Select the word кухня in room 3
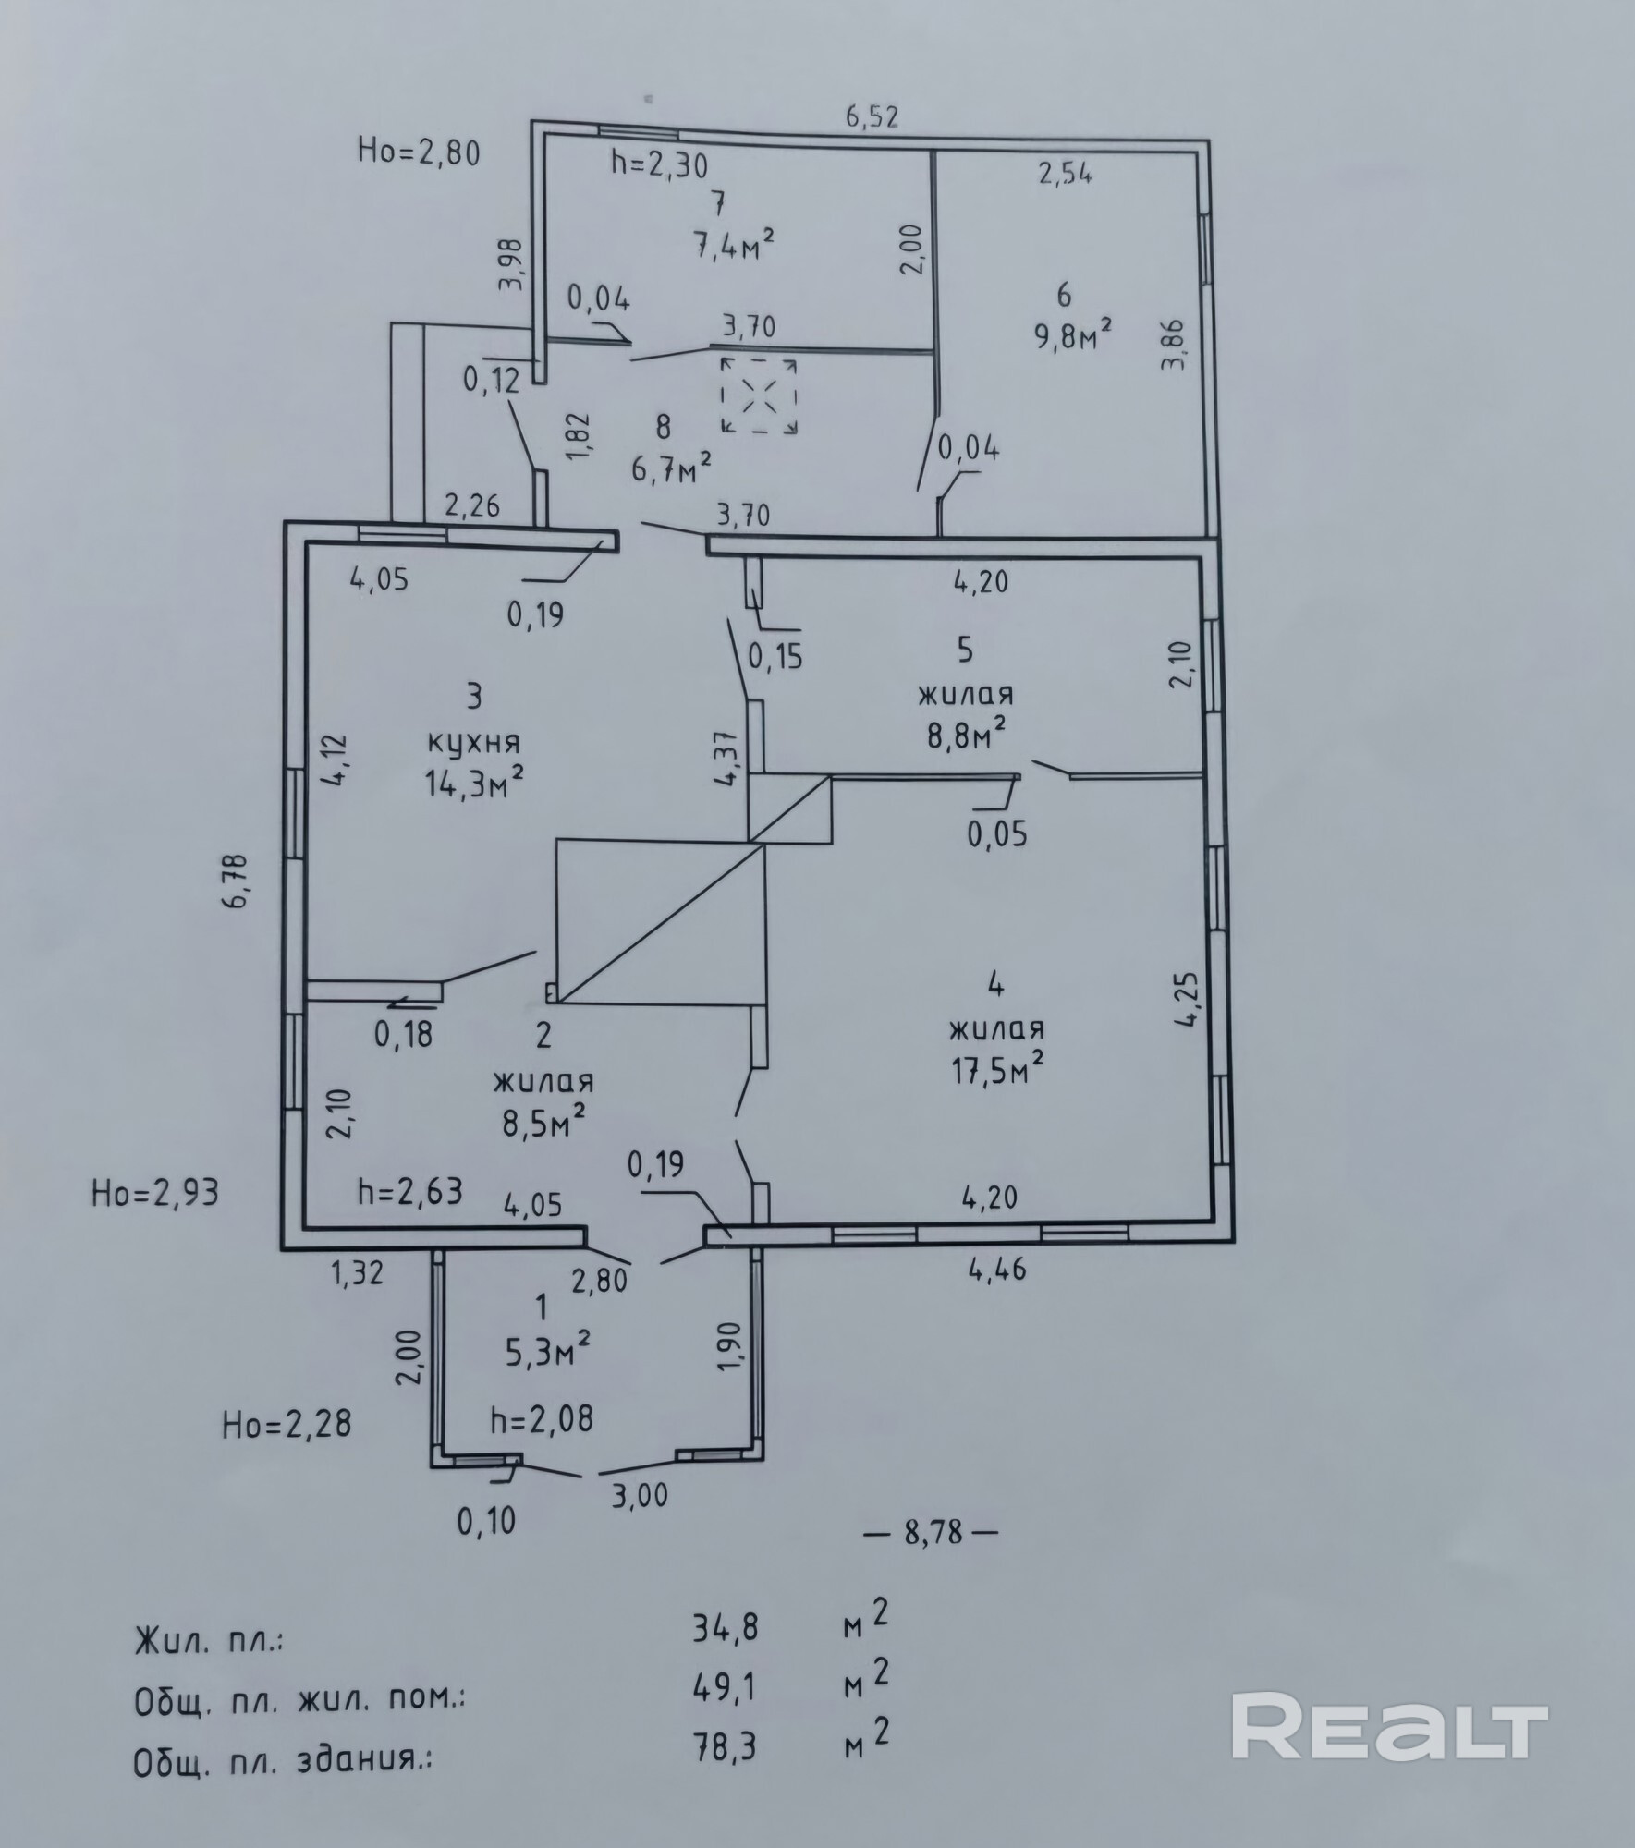tap(474, 741)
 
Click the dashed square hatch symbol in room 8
tap(760, 396)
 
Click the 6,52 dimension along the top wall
tap(872, 117)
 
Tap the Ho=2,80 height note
tap(419, 152)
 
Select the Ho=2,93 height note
tap(155, 1193)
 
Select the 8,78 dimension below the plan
tap(933, 1535)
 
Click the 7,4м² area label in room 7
tap(733, 245)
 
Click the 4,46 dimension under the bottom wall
tap(997, 1270)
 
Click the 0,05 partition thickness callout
tap(997, 834)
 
